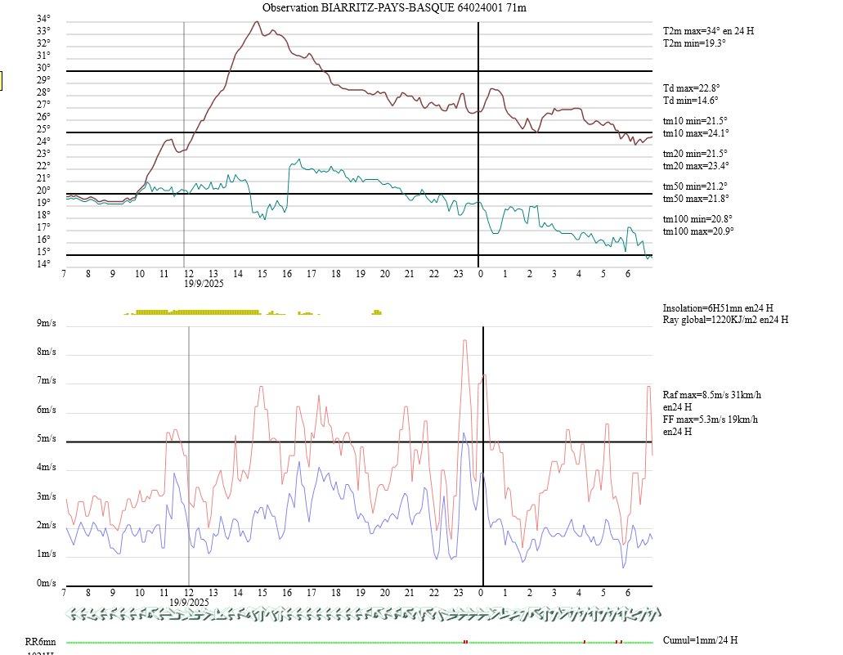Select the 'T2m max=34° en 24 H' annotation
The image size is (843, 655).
point(708,31)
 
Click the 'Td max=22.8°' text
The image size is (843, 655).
point(691,88)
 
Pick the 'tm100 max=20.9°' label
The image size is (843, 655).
point(698,231)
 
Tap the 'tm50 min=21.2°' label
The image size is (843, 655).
point(695,186)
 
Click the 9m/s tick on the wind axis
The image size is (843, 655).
point(46,323)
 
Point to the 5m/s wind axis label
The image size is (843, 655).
point(46,438)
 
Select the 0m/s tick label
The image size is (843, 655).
point(46,583)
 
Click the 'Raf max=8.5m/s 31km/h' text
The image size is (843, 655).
point(711,395)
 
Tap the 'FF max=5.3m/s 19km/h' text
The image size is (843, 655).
point(710,419)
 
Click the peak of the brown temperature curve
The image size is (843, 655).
point(257,22)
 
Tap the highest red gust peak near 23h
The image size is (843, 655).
point(464,340)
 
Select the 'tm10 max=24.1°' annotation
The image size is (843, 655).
point(696,133)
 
